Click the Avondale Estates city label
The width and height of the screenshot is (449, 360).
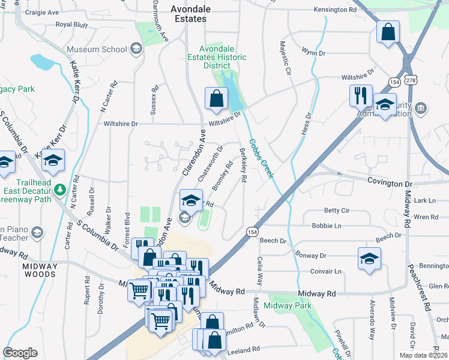(188, 14)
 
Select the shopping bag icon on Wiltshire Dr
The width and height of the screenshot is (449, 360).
(216, 100)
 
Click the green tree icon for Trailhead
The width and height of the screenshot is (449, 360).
(59, 190)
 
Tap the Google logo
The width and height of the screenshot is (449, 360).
(20, 353)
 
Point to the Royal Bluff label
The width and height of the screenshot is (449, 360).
(71, 25)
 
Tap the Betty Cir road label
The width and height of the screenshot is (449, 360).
(336, 211)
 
